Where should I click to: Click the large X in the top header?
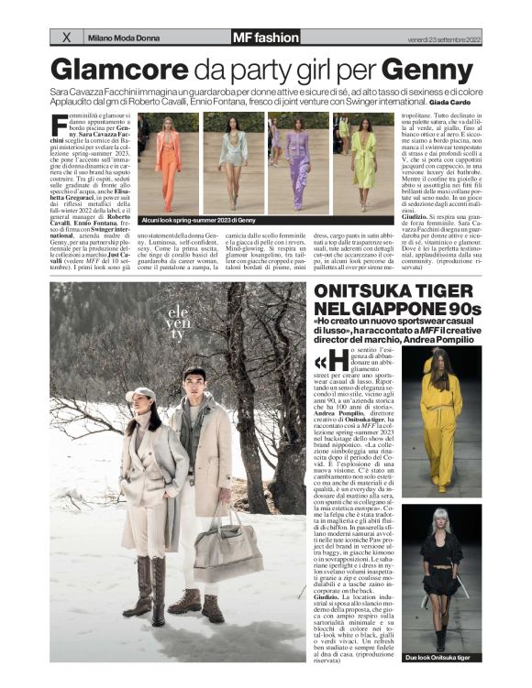point(65,38)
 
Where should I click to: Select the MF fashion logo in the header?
point(265,38)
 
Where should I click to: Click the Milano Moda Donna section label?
point(123,38)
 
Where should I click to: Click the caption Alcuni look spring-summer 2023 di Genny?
point(197,221)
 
